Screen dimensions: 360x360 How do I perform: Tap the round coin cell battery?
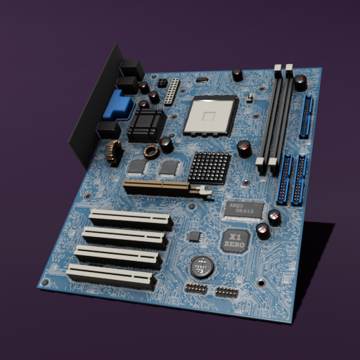(202, 266)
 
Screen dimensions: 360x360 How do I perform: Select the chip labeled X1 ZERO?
(236, 240)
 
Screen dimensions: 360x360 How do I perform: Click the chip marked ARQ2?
(243, 209)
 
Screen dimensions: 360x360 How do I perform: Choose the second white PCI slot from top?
(126, 237)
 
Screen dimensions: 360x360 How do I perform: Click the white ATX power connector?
(171, 91)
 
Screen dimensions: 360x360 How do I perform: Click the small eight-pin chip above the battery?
(194, 236)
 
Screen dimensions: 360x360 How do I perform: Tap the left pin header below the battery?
(198, 289)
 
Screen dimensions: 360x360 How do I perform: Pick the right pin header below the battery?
(226, 292)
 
